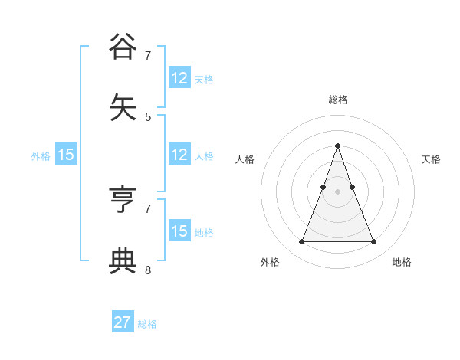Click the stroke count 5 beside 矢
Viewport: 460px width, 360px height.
pyautogui.click(x=148, y=117)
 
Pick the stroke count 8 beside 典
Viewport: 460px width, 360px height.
pyautogui.click(x=148, y=270)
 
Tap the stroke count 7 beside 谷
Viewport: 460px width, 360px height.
pyautogui.click(x=148, y=56)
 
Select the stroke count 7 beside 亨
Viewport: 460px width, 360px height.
pyautogui.click(x=148, y=208)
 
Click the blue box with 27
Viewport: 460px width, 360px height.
pyautogui.click(x=123, y=322)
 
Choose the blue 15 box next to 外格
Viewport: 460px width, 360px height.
pyautogui.click(x=66, y=155)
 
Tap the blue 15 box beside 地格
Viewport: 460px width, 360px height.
pyautogui.click(x=179, y=231)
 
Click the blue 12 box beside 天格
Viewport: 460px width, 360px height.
pyautogui.click(x=179, y=78)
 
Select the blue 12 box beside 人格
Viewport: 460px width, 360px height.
pyautogui.click(x=179, y=155)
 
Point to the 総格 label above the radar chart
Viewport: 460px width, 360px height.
pyautogui.click(x=337, y=100)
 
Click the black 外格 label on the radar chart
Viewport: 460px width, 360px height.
pyautogui.click(x=270, y=262)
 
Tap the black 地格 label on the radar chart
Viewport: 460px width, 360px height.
pyautogui.click(x=402, y=262)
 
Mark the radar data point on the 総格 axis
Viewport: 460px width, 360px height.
pyautogui.click(x=337, y=146)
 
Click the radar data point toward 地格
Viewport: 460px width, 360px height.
pyautogui.click(x=374, y=242)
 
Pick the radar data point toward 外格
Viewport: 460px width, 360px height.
pyautogui.click(x=301, y=242)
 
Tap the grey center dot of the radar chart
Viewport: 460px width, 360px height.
pyautogui.click(x=337, y=191)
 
